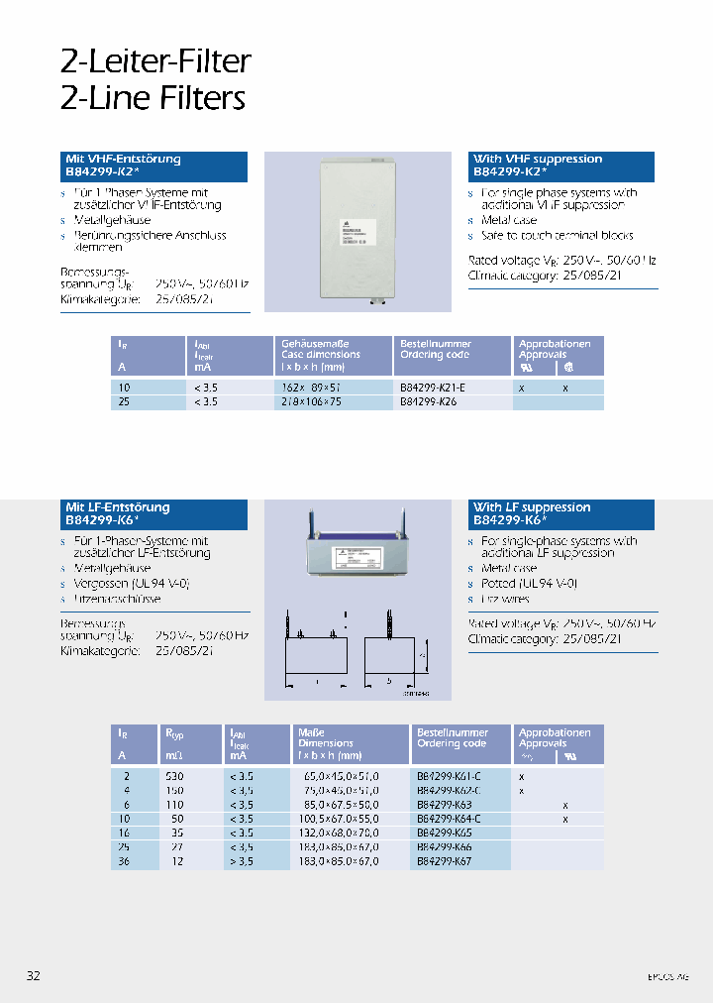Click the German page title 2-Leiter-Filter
click(x=155, y=61)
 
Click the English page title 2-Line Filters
click(x=153, y=97)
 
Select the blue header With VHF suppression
click(x=560, y=166)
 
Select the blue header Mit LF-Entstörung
click(x=155, y=513)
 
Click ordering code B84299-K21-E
click(x=432, y=389)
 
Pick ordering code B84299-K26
click(x=428, y=403)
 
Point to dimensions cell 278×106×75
click(x=311, y=403)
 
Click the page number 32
click(x=33, y=976)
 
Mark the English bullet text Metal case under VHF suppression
click(x=508, y=220)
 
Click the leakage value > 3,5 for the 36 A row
click(x=242, y=862)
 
